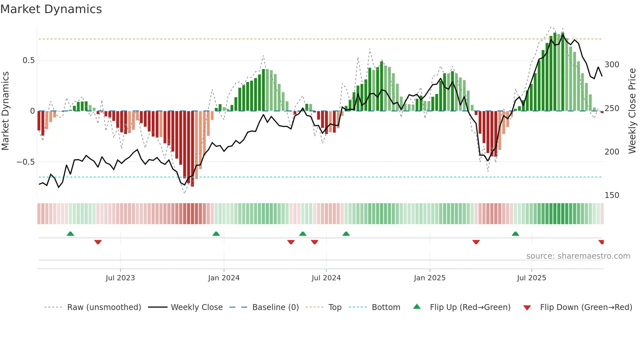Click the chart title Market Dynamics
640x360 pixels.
click(51, 9)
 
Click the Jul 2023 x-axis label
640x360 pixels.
click(120, 278)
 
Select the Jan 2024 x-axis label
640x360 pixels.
click(224, 278)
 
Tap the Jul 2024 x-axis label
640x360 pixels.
click(326, 278)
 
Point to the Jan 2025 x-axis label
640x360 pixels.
click(429, 278)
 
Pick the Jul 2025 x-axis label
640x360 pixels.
click(531, 278)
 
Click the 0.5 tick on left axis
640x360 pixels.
click(28, 60)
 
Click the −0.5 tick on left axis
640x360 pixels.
click(25, 162)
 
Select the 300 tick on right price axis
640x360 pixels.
click(612, 65)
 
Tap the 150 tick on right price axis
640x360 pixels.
click(612, 195)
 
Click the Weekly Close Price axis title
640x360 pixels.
click(632, 111)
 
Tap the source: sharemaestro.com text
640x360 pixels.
click(578, 256)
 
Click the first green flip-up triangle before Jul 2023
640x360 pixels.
click(70, 234)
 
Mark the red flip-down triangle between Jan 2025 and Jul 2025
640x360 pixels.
click(476, 242)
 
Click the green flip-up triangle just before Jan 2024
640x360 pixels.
click(216, 234)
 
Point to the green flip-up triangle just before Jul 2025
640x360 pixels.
click(515, 234)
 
